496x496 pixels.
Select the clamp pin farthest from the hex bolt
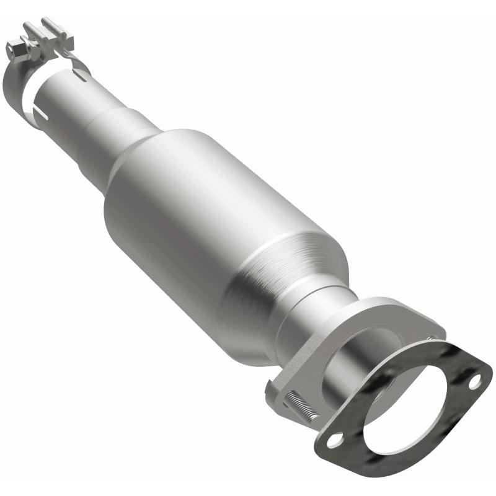coord(48,26)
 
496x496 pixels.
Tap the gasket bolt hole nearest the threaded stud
coord(335,440)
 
